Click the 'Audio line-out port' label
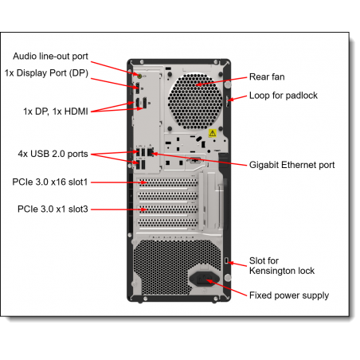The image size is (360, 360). click(50, 57)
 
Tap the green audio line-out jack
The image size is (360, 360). click(139, 76)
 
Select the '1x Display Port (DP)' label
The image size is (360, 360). click(46, 73)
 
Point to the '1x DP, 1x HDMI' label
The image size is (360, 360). click(56, 112)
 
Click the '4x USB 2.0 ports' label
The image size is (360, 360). click(53, 154)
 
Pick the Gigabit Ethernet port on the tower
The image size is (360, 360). click(151, 153)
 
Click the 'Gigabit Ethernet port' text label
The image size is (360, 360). click(292, 165)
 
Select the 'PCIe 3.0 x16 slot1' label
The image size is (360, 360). click(50, 182)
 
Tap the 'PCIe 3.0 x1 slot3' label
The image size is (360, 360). click(53, 209)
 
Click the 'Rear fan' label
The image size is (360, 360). click(267, 77)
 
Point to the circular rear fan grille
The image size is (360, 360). click(195, 102)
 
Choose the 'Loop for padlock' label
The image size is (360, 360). click(284, 96)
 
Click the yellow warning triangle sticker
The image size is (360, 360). click(213, 133)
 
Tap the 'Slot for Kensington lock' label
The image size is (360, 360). click(282, 266)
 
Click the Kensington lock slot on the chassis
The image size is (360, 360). click(226, 260)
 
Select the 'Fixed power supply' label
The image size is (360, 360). click(289, 295)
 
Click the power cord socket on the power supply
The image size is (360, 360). click(204, 279)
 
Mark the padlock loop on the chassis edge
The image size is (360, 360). click(228, 101)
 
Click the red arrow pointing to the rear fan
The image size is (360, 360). click(221, 81)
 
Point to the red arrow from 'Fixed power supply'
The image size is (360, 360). click(226, 288)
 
